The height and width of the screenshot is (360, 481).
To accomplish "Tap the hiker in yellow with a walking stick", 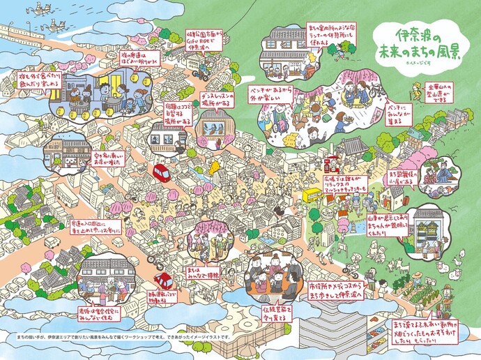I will coord(415,91).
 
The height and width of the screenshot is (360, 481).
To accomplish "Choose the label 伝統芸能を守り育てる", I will coord(276,310).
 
